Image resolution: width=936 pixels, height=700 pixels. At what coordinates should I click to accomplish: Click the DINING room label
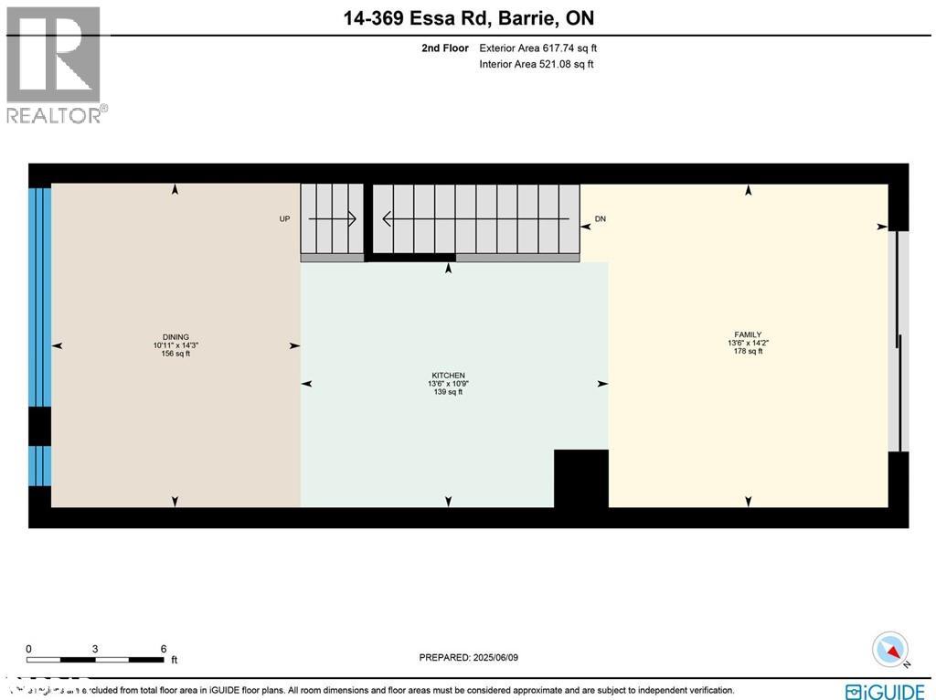175,336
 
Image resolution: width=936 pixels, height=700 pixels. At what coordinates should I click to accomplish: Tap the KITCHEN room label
448,375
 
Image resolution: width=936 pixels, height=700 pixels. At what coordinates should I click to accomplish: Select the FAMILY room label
748,334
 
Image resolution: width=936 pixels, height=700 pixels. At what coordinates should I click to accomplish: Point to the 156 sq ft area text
175,354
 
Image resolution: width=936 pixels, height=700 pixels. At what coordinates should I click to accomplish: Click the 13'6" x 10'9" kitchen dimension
448,384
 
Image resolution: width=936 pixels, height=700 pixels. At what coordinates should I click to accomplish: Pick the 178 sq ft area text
748,351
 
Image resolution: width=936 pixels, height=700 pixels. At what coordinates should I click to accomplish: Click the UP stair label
284,219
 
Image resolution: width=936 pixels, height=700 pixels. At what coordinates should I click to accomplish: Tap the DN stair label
600,219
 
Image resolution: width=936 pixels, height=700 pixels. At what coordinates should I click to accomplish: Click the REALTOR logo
55,64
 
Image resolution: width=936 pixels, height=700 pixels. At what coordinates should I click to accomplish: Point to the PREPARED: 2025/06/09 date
468,657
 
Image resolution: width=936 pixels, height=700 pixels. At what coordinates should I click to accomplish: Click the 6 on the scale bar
163,648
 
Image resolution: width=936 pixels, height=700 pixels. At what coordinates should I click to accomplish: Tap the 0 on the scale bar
29,648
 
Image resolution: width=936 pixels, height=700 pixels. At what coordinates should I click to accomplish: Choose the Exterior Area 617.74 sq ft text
537,48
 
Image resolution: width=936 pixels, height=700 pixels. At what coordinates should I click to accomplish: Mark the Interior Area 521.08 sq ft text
536,64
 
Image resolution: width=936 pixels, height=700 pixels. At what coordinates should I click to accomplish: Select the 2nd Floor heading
446,48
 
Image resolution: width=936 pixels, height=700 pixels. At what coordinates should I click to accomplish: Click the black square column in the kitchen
581,478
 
